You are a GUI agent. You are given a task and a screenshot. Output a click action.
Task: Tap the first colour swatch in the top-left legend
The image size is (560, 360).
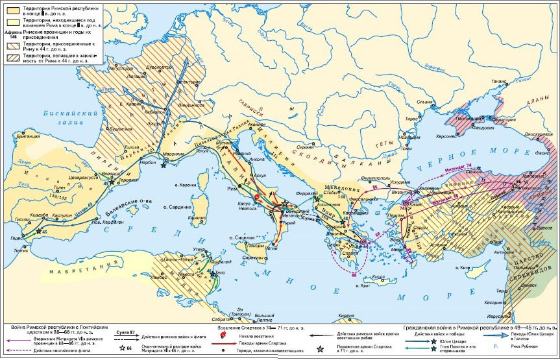tap(11, 6)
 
